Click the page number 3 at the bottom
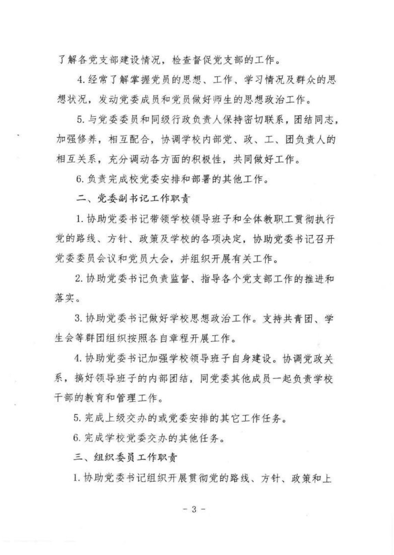(x=194, y=509)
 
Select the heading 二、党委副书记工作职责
(x=133, y=199)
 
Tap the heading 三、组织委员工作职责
(x=125, y=458)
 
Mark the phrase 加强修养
(x=76, y=140)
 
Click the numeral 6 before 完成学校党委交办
(x=76, y=438)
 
